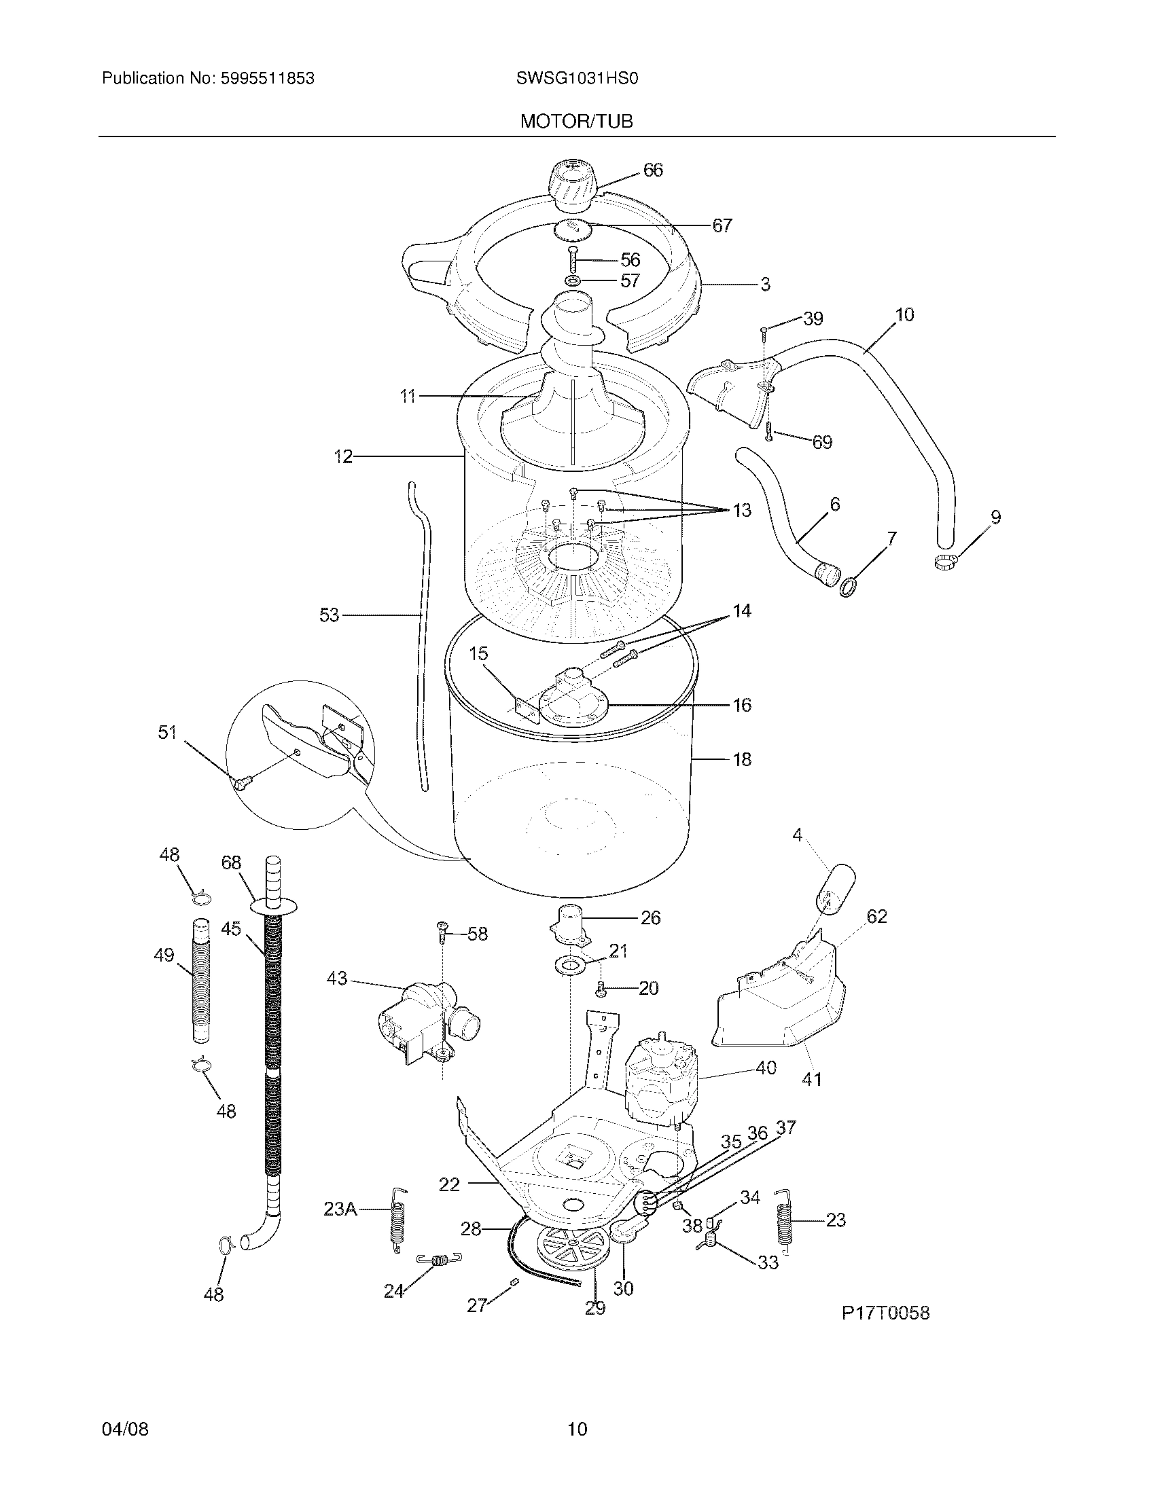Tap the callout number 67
tap(722, 225)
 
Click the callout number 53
tap(329, 615)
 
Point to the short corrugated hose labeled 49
tap(200, 979)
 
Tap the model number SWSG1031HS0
tap(577, 79)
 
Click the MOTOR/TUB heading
tap(576, 122)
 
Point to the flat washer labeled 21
tap(569, 965)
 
